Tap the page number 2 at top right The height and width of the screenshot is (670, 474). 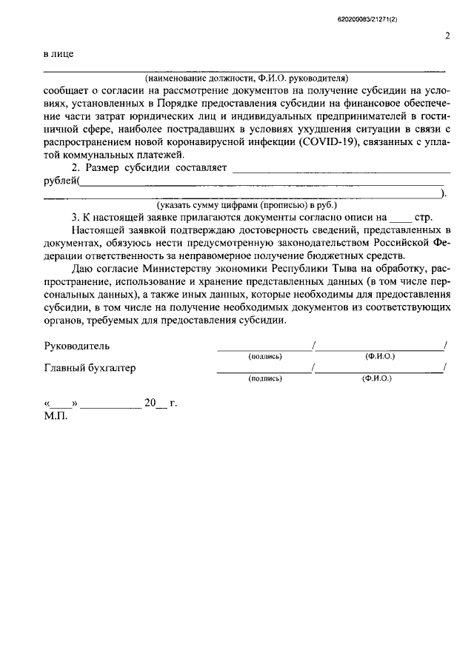(x=447, y=35)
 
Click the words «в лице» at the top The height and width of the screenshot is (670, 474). (x=58, y=54)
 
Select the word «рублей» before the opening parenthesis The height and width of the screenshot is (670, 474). (x=59, y=181)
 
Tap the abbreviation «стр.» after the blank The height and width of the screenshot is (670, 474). (x=422, y=218)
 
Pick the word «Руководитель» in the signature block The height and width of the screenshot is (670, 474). (x=78, y=346)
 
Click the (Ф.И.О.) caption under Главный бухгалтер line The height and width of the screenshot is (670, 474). (x=376, y=378)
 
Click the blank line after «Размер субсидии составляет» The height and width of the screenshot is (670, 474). (x=339, y=170)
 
